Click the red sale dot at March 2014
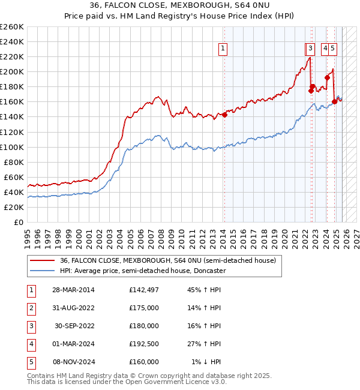224,115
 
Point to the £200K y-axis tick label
12,71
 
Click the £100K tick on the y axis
12,147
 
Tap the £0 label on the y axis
18,222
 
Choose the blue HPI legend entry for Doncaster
143,271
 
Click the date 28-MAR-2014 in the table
73,290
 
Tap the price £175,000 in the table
144,308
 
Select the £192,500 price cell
144,344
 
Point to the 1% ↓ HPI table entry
206,362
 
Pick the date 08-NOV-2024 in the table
73,362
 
